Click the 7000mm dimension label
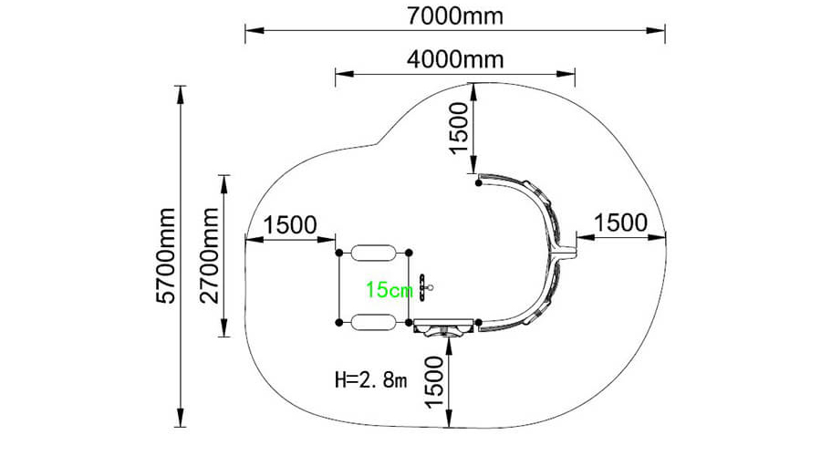(x=454, y=16)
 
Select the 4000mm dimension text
(x=455, y=59)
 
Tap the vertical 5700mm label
(x=166, y=255)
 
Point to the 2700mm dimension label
(x=209, y=255)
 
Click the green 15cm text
(x=389, y=289)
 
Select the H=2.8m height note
(x=370, y=379)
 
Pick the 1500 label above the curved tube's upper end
(x=459, y=128)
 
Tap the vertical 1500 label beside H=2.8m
(x=434, y=382)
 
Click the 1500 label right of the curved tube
(x=620, y=223)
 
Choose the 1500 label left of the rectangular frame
(x=289, y=225)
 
